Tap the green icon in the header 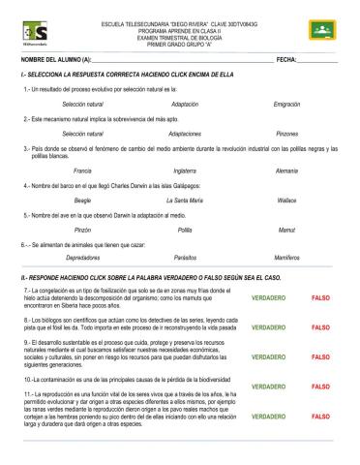pos(320,31)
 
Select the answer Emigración pos(286,103)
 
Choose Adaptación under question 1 pos(185,103)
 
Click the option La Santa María pos(185,200)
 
